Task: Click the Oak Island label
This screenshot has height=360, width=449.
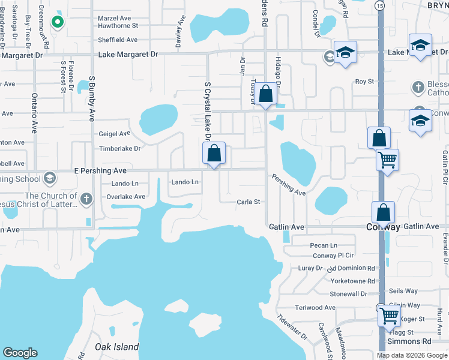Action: point(116,347)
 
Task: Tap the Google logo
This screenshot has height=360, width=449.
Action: point(20,353)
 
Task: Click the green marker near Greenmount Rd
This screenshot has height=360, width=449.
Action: point(58,23)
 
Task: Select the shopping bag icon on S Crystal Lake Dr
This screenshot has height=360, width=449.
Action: point(214,153)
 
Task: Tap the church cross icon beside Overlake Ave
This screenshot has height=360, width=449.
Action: point(86,198)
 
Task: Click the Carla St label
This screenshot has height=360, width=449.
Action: point(248,202)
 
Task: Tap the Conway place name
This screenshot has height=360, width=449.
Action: point(383,227)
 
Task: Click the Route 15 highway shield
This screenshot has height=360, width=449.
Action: point(379,5)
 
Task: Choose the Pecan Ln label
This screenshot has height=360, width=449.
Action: point(324,245)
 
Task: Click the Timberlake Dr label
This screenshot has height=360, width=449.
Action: point(119,148)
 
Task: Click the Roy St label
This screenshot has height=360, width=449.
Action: point(364,81)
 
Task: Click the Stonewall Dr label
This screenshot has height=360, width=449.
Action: point(348,294)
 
